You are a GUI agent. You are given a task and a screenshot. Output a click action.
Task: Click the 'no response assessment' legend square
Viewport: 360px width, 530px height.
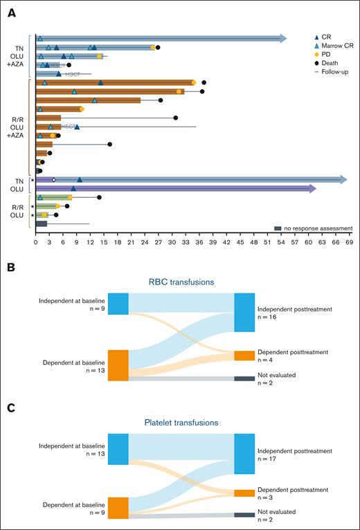278,228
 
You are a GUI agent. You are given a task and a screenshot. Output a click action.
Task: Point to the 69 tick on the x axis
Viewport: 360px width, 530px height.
350,243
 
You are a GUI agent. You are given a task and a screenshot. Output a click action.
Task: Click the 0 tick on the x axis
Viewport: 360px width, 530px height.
35,243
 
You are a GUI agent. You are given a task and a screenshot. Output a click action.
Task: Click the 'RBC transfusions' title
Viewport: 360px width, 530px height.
180,282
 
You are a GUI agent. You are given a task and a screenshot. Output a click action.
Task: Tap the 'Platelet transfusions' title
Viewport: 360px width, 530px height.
180,421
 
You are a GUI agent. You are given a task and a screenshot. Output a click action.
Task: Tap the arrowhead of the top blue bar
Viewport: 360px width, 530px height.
282,39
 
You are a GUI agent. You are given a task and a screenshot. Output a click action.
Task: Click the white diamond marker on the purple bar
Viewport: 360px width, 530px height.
53,179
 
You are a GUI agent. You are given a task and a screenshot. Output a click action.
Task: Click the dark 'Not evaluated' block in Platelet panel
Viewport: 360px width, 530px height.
244,515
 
